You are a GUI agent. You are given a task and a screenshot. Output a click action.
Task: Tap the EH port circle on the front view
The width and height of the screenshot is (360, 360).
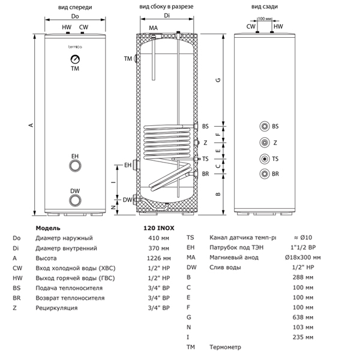tap(75, 166)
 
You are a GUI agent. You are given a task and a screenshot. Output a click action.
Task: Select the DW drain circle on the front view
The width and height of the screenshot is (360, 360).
tap(75, 200)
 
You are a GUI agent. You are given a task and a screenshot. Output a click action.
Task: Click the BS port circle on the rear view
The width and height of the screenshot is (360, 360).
tap(265, 127)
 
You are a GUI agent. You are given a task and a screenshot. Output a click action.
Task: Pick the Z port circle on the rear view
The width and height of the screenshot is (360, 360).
tap(265, 143)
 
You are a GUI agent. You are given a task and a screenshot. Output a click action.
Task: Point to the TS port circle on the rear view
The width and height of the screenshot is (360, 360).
tap(265, 159)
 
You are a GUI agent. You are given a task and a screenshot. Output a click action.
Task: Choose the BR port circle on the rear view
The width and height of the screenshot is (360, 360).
tap(265, 175)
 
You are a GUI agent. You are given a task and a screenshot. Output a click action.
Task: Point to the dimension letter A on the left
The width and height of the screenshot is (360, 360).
tap(30, 124)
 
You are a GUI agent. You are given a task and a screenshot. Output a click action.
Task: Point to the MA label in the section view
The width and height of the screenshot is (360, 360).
tap(153, 28)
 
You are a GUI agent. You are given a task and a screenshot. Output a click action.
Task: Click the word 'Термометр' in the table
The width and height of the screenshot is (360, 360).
tap(225, 347)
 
